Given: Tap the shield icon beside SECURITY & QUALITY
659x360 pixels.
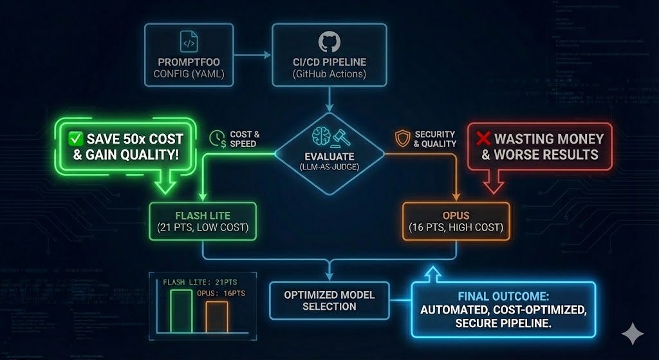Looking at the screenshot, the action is click(404, 138).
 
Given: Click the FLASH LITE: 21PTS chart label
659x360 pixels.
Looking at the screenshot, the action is click(191, 281).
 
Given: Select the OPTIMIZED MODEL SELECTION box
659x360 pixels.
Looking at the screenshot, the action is click(329, 300).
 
